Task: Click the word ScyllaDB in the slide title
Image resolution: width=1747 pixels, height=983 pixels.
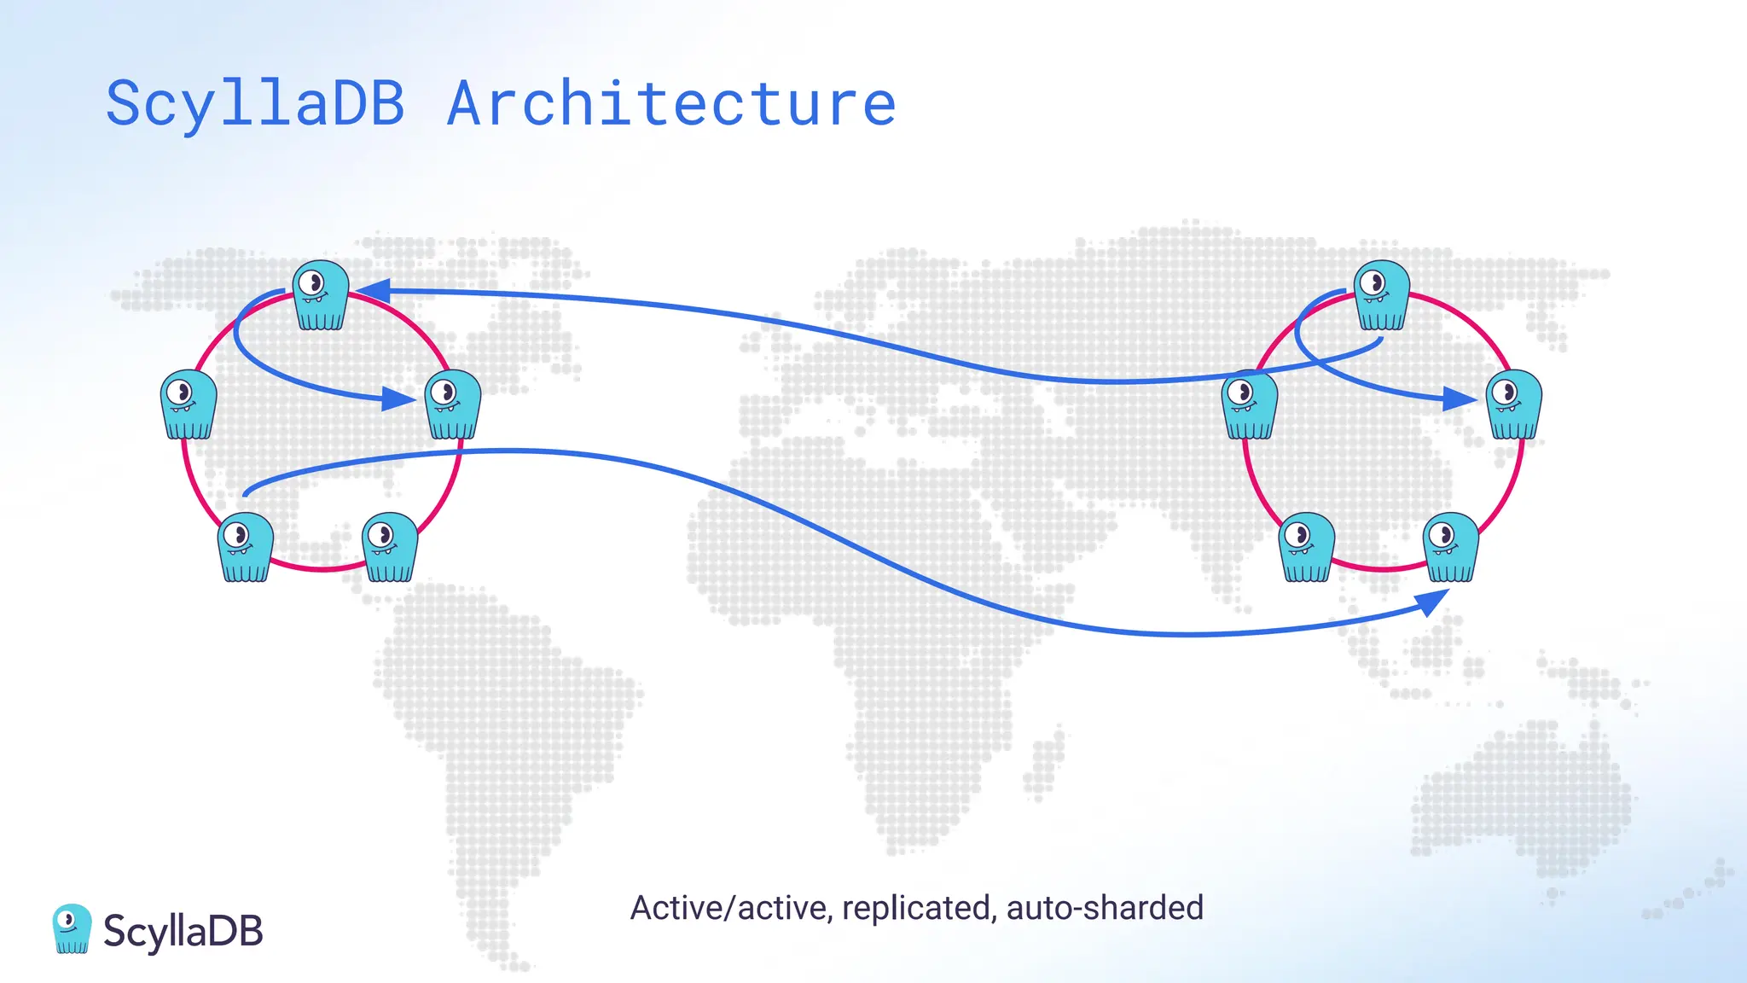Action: pyautogui.click(x=255, y=104)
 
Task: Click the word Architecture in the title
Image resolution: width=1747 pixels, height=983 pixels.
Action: pyautogui.click(x=671, y=104)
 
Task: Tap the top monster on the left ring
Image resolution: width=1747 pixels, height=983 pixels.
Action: pyautogui.click(x=321, y=295)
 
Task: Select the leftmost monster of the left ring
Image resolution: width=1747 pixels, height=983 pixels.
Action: pyautogui.click(x=189, y=404)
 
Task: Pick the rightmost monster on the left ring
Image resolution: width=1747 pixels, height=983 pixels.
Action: pyautogui.click(x=453, y=404)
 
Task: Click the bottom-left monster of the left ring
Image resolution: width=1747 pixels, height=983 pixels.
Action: pyautogui.click(x=246, y=547)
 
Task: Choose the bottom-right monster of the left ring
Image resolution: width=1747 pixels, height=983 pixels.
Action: pyautogui.click(x=390, y=547)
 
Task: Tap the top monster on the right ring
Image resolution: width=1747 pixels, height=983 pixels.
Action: pyautogui.click(x=1382, y=295)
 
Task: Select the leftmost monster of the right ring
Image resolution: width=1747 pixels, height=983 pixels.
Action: pyautogui.click(x=1250, y=404)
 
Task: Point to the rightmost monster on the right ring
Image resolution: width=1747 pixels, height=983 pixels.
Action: pyautogui.click(x=1514, y=404)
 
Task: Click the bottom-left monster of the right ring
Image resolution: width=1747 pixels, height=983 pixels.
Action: pyautogui.click(x=1307, y=547)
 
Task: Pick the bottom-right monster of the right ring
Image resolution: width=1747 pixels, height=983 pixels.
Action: pyautogui.click(x=1451, y=547)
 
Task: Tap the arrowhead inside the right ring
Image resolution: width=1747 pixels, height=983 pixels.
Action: pyautogui.click(x=1460, y=398)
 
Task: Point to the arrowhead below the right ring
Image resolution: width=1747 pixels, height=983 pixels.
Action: pyautogui.click(x=1433, y=602)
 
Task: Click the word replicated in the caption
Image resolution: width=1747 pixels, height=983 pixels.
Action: pyautogui.click(x=918, y=908)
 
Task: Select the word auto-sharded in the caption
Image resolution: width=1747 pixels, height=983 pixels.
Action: pyautogui.click(x=1105, y=908)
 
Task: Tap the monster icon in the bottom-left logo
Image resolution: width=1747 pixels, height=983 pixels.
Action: pyautogui.click(x=72, y=928)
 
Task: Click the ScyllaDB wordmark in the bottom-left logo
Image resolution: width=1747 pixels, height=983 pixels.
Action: pyautogui.click(x=183, y=931)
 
